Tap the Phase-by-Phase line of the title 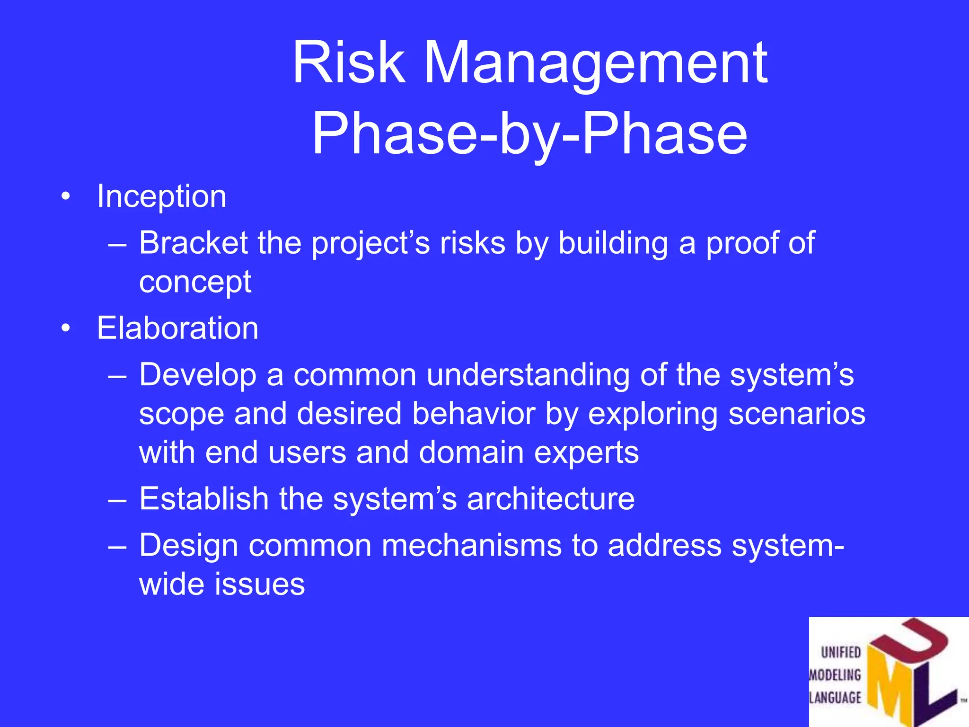click(x=530, y=133)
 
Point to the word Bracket click(x=193, y=243)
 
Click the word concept click(x=195, y=283)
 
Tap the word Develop click(x=198, y=375)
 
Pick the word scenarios click(x=797, y=414)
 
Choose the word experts click(x=586, y=452)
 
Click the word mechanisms click(x=471, y=545)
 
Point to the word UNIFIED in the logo click(x=841, y=653)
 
